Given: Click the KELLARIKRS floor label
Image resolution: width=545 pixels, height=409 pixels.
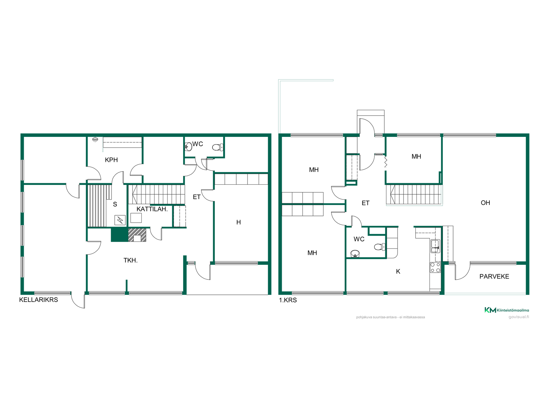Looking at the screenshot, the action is click(x=39, y=300).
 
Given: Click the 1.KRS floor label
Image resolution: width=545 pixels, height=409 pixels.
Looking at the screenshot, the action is click(x=288, y=300).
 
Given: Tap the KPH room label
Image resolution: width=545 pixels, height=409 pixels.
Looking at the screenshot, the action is click(x=111, y=160).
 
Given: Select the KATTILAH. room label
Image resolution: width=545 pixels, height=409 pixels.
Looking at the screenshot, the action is click(x=152, y=209).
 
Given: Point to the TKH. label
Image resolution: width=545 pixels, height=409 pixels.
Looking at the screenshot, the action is click(x=131, y=260).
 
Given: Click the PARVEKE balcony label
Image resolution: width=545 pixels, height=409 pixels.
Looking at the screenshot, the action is click(x=494, y=277).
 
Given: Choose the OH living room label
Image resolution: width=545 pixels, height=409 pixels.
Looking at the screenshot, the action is click(x=485, y=203).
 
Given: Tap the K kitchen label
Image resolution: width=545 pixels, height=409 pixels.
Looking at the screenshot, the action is click(x=398, y=272).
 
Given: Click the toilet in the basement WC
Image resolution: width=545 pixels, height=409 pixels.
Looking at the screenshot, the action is click(x=218, y=147).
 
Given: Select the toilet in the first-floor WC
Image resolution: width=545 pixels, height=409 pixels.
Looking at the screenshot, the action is click(x=380, y=247).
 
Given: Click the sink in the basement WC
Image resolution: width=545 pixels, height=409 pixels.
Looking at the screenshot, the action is click(x=188, y=147).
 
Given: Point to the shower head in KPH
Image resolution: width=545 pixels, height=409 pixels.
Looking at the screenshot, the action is click(x=95, y=139).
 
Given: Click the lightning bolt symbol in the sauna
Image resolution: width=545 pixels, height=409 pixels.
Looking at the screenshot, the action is click(x=120, y=220).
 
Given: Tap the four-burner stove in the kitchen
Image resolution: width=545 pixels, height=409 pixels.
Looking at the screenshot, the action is click(x=435, y=268).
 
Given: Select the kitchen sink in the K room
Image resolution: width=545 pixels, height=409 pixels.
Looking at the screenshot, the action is click(x=435, y=246).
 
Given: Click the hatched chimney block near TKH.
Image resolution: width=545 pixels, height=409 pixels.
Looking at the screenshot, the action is click(x=137, y=235).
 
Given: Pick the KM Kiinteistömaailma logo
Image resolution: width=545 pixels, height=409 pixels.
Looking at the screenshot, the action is click(x=507, y=310).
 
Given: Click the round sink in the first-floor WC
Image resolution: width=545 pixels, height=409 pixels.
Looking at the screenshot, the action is click(x=355, y=254).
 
